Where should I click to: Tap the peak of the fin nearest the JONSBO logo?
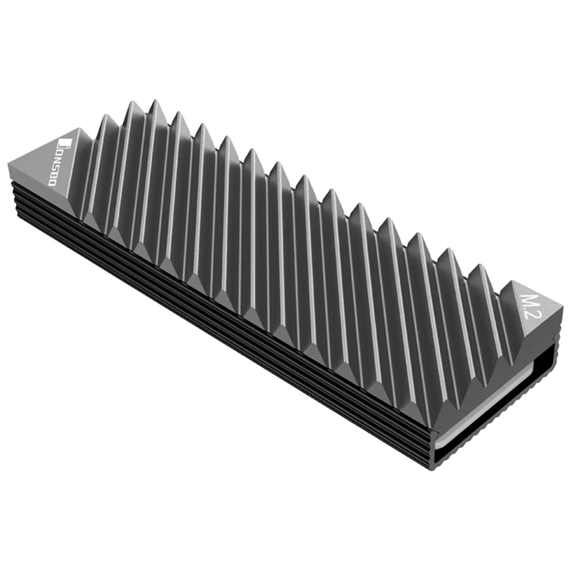click(105, 117)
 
